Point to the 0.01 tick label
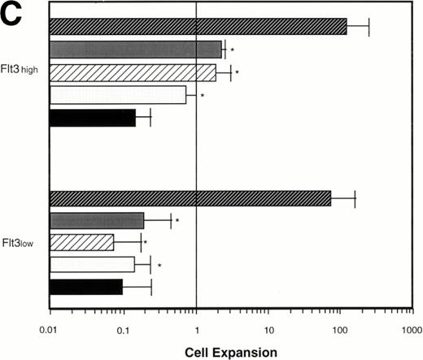point(50,332)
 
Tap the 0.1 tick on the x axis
point(123,332)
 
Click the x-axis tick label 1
point(196,332)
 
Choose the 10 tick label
point(269,332)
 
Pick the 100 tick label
point(340,332)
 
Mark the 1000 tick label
point(411,332)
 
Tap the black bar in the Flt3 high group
point(92,118)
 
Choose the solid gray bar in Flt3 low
point(97,220)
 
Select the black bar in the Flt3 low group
point(85,287)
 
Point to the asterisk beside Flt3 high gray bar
point(232,51)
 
